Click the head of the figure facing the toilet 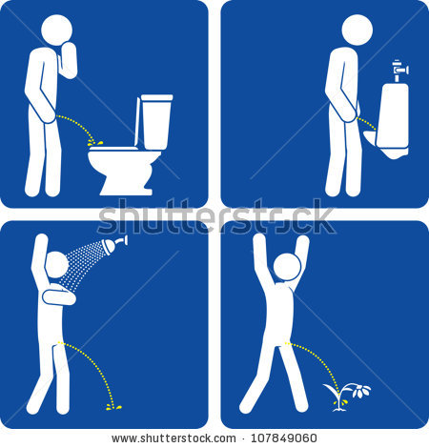click(56, 30)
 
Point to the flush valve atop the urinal click(400, 68)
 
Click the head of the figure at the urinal click(357, 30)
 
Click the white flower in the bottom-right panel click(356, 389)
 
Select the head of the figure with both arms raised click(287, 268)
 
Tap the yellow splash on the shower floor click(113, 407)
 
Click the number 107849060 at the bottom click(279, 438)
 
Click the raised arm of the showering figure click(38, 253)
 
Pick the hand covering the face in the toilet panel click(68, 57)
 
